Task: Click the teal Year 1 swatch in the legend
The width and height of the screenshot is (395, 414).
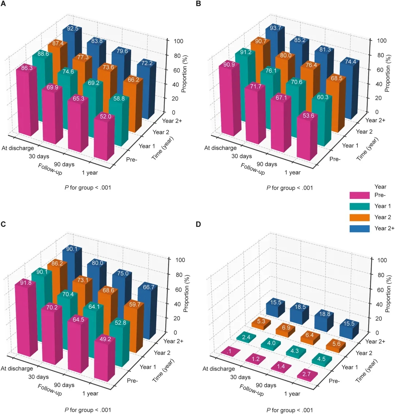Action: (x=358, y=206)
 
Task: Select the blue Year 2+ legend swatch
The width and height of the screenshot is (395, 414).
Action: (x=358, y=228)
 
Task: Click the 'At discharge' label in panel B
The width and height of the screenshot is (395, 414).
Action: (x=221, y=148)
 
